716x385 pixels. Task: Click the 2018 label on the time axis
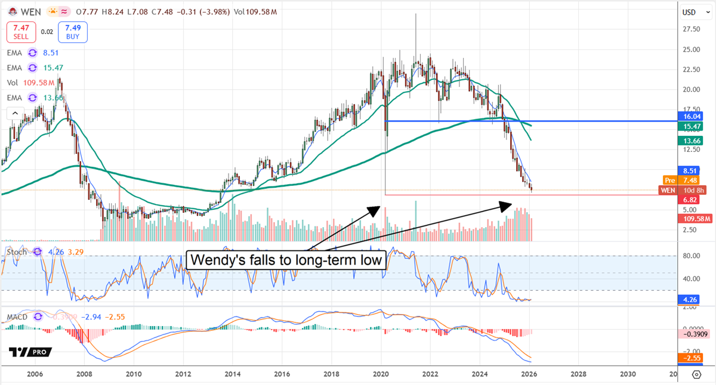point(332,375)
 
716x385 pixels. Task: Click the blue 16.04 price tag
point(692,117)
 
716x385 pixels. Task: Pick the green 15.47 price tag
point(692,126)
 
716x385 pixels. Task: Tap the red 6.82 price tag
point(692,200)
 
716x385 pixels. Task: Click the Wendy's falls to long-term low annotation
point(285,259)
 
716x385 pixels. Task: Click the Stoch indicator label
point(16,252)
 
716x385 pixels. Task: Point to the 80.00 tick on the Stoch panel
point(691,256)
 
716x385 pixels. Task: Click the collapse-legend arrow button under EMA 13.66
point(14,113)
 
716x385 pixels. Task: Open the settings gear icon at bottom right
point(696,375)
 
